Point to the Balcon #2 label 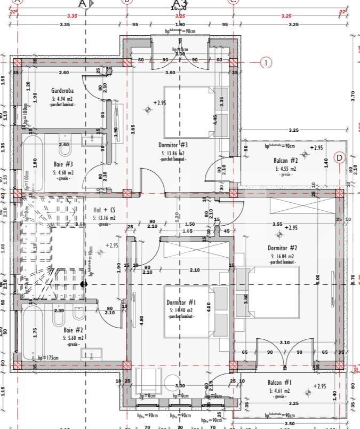click(x=286, y=160)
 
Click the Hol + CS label click(x=104, y=210)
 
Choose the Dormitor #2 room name click(x=282, y=248)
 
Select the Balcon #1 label click(x=279, y=383)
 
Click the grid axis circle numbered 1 click(x=266, y=62)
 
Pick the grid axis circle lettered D click(x=340, y=158)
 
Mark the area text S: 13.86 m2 click(x=173, y=153)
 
